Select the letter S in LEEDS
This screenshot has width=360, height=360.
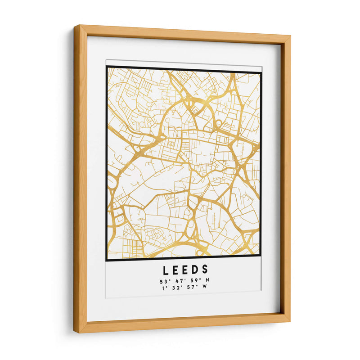pos(205,270)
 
